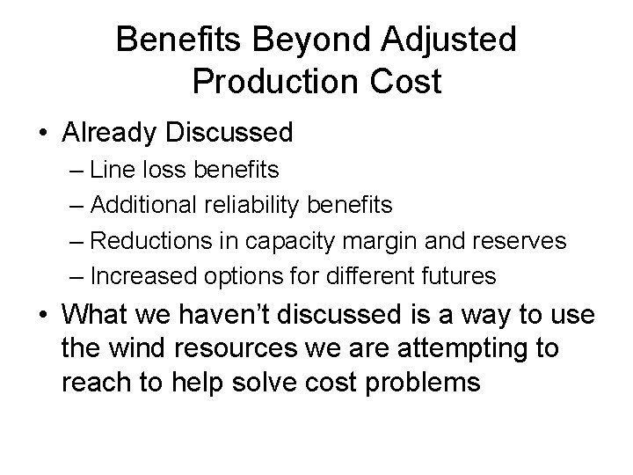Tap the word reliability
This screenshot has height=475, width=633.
coord(247,205)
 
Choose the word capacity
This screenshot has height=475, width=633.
coord(284,240)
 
